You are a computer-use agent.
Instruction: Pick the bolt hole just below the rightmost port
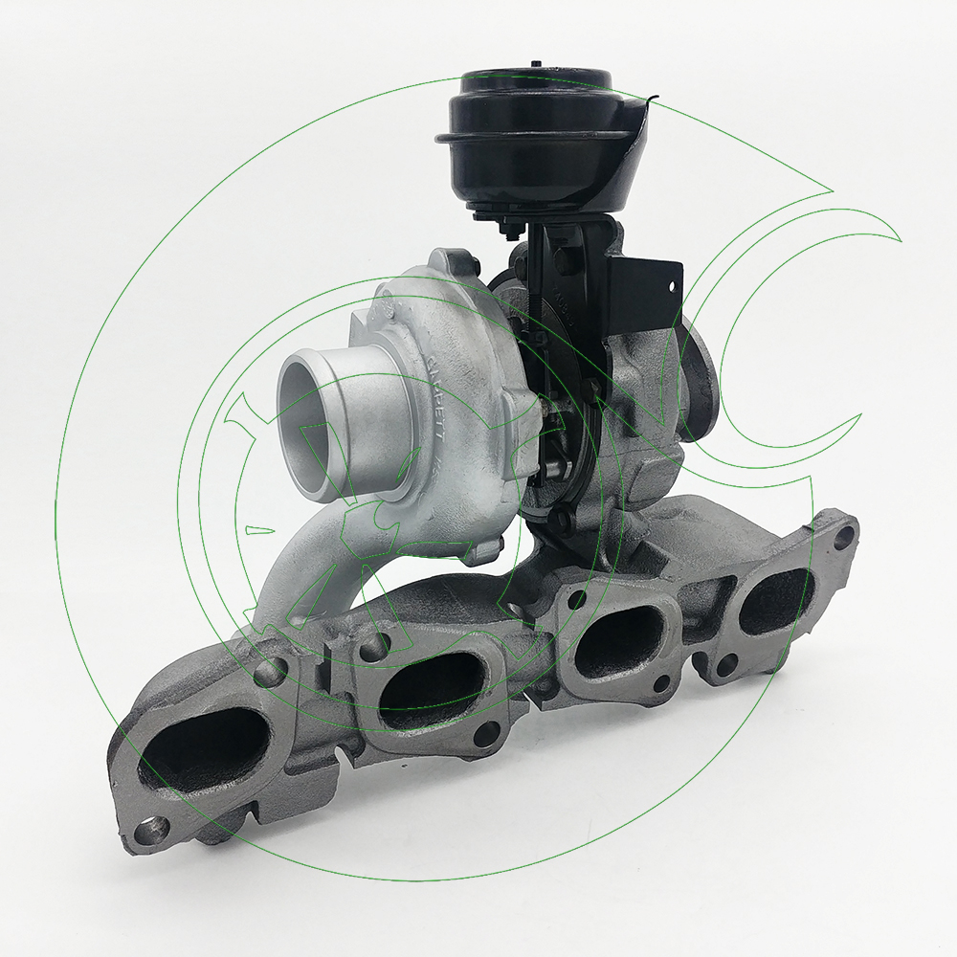(x=729, y=662)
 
